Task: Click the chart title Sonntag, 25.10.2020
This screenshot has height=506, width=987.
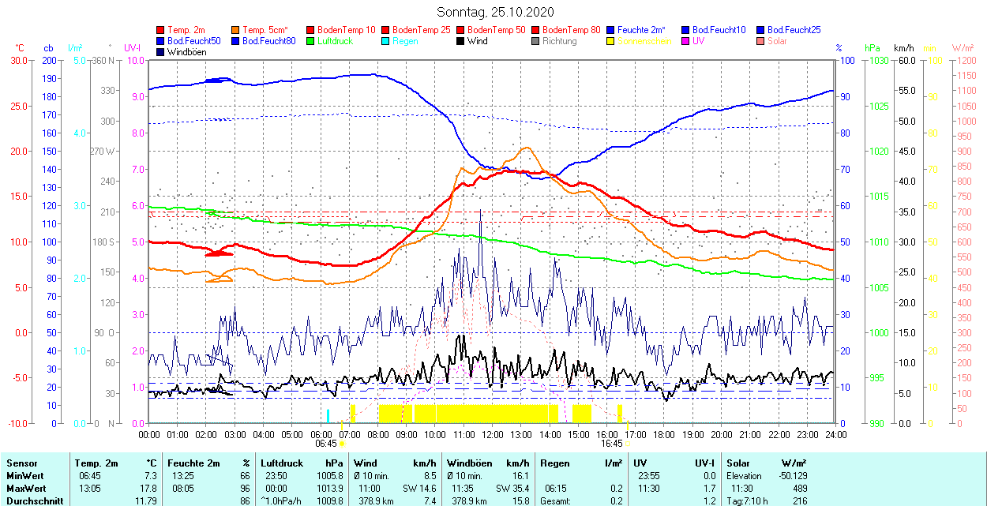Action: [x=495, y=12]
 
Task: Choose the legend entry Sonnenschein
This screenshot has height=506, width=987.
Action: [x=644, y=41]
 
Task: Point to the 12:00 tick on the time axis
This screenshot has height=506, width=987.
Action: [x=493, y=434]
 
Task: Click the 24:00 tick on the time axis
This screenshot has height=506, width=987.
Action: [x=836, y=434]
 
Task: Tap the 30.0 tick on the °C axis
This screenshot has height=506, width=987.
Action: [x=17, y=60]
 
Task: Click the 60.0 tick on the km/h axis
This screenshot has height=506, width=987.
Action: [x=905, y=60]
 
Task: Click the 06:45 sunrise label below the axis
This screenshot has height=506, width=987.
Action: [x=327, y=444]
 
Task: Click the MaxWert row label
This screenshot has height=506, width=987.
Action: [x=26, y=489]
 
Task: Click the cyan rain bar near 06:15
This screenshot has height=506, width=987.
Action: [x=328, y=417]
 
